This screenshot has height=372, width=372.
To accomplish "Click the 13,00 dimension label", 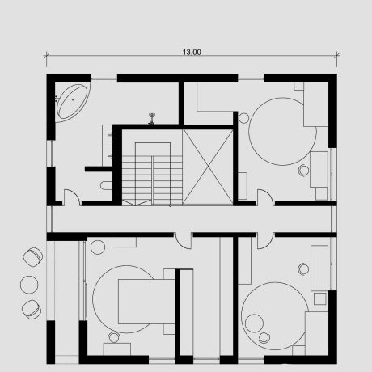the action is tap(192, 52).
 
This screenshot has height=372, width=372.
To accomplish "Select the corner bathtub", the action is tap(73, 102).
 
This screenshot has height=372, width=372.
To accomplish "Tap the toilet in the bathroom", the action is tap(106, 185).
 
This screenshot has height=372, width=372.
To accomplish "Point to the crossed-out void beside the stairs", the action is tap(208, 167).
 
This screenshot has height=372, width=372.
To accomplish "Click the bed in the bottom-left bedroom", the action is tap(147, 302).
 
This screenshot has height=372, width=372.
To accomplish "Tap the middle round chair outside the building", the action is tap(29, 284).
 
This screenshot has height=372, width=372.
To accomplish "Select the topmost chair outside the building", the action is tap(33, 256).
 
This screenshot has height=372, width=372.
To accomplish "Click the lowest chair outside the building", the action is tap(32, 309).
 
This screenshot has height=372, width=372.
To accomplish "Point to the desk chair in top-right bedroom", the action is tap(304, 171).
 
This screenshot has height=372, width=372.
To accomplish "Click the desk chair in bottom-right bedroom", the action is tap(303, 269).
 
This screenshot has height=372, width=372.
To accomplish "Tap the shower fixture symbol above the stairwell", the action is tap(152, 118).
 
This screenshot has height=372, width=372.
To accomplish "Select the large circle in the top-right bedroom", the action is tap(282, 131).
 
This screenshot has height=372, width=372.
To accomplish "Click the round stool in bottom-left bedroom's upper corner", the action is tap(98, 247).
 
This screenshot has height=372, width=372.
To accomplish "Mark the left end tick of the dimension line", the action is tap(47, 56).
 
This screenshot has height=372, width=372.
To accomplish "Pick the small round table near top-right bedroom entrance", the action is tap(244, 118).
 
